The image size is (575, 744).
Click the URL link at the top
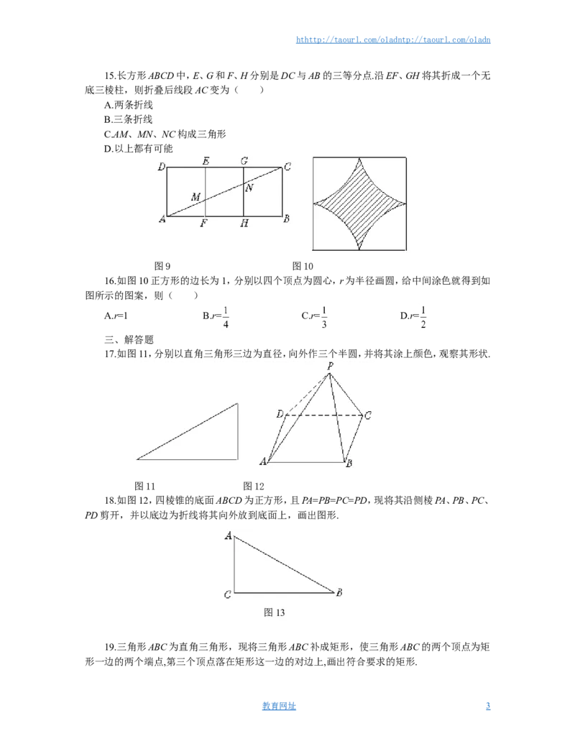393,40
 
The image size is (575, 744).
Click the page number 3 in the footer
488,706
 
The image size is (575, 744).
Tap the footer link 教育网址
279,706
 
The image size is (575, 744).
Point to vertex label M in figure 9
195,196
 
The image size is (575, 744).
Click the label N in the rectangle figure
249,188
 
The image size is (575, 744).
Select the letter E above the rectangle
206,161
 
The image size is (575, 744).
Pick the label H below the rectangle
244,223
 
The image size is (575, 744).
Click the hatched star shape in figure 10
359,203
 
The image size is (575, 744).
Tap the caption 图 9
162,266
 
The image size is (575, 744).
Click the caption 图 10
303,266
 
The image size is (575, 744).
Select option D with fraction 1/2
413,316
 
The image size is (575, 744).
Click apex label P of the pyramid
330,366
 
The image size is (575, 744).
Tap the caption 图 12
253,486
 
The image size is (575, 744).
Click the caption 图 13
275,612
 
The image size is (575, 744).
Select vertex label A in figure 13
228,536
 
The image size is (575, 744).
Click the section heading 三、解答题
129,339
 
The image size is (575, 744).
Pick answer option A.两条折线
129,105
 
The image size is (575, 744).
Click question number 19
110,647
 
